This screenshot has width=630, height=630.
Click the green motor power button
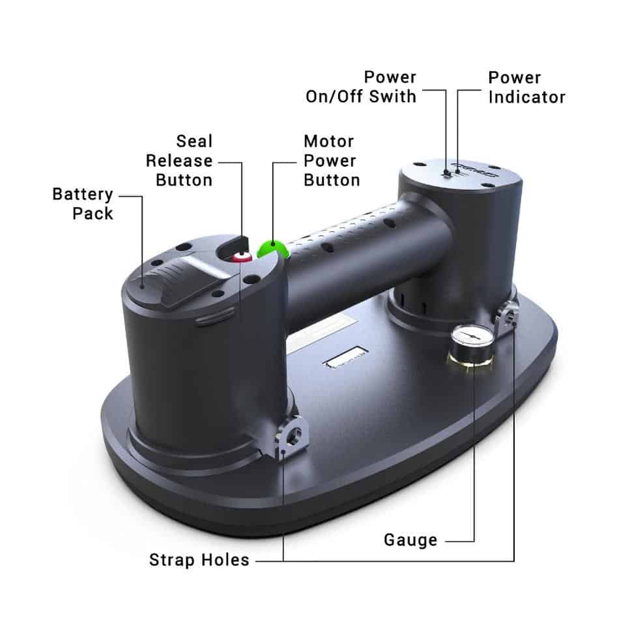coord(272,250)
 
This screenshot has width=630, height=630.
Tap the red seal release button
coord(242,257)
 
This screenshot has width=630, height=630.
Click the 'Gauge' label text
coord(410,540)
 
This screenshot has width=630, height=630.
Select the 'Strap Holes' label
coord(199,560)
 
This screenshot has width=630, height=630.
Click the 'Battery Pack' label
coord(83,204)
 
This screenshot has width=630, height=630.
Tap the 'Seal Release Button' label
coord(179,161)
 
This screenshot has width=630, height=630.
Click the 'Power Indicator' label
coord(527,87)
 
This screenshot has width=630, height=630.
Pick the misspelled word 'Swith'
coord(393,97)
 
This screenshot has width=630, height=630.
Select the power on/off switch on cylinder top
coord(446,173)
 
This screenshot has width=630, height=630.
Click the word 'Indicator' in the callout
coord(527,97)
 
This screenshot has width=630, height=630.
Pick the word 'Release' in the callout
coord(179,161)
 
